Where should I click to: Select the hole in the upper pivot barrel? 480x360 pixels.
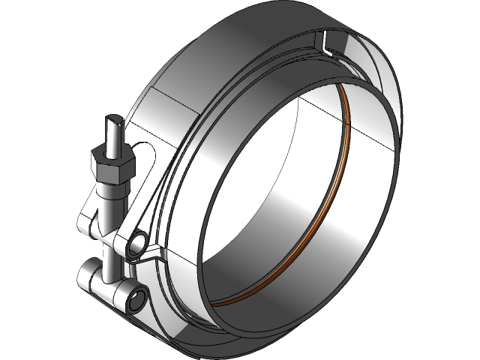pos(138,242)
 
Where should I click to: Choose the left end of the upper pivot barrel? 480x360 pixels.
pos(85,223)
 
